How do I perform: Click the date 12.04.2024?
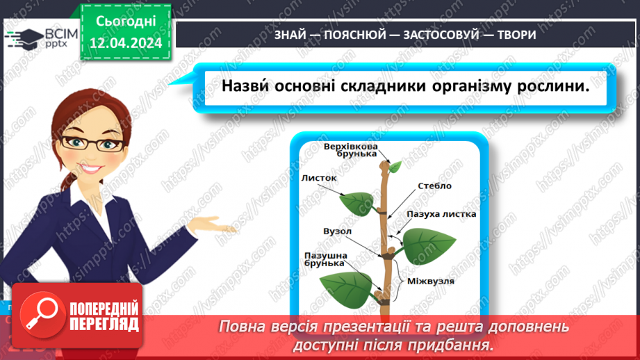[125, 42]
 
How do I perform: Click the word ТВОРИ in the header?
[516, 35]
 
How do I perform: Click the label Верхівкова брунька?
[351, 152]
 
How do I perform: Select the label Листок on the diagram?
[319, 178]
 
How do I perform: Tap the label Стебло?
[434, 186]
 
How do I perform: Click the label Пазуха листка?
[441, 213]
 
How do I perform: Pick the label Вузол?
[337, 230]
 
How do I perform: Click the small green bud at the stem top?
[395, 167]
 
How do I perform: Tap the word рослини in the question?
[548, 87]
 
